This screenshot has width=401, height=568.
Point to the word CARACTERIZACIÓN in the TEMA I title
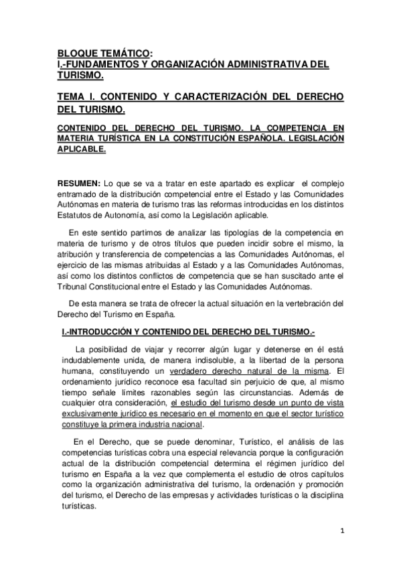pos(220,96)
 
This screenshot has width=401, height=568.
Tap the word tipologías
pos(214,232)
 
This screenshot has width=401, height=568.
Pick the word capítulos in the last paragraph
pos(323,474)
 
